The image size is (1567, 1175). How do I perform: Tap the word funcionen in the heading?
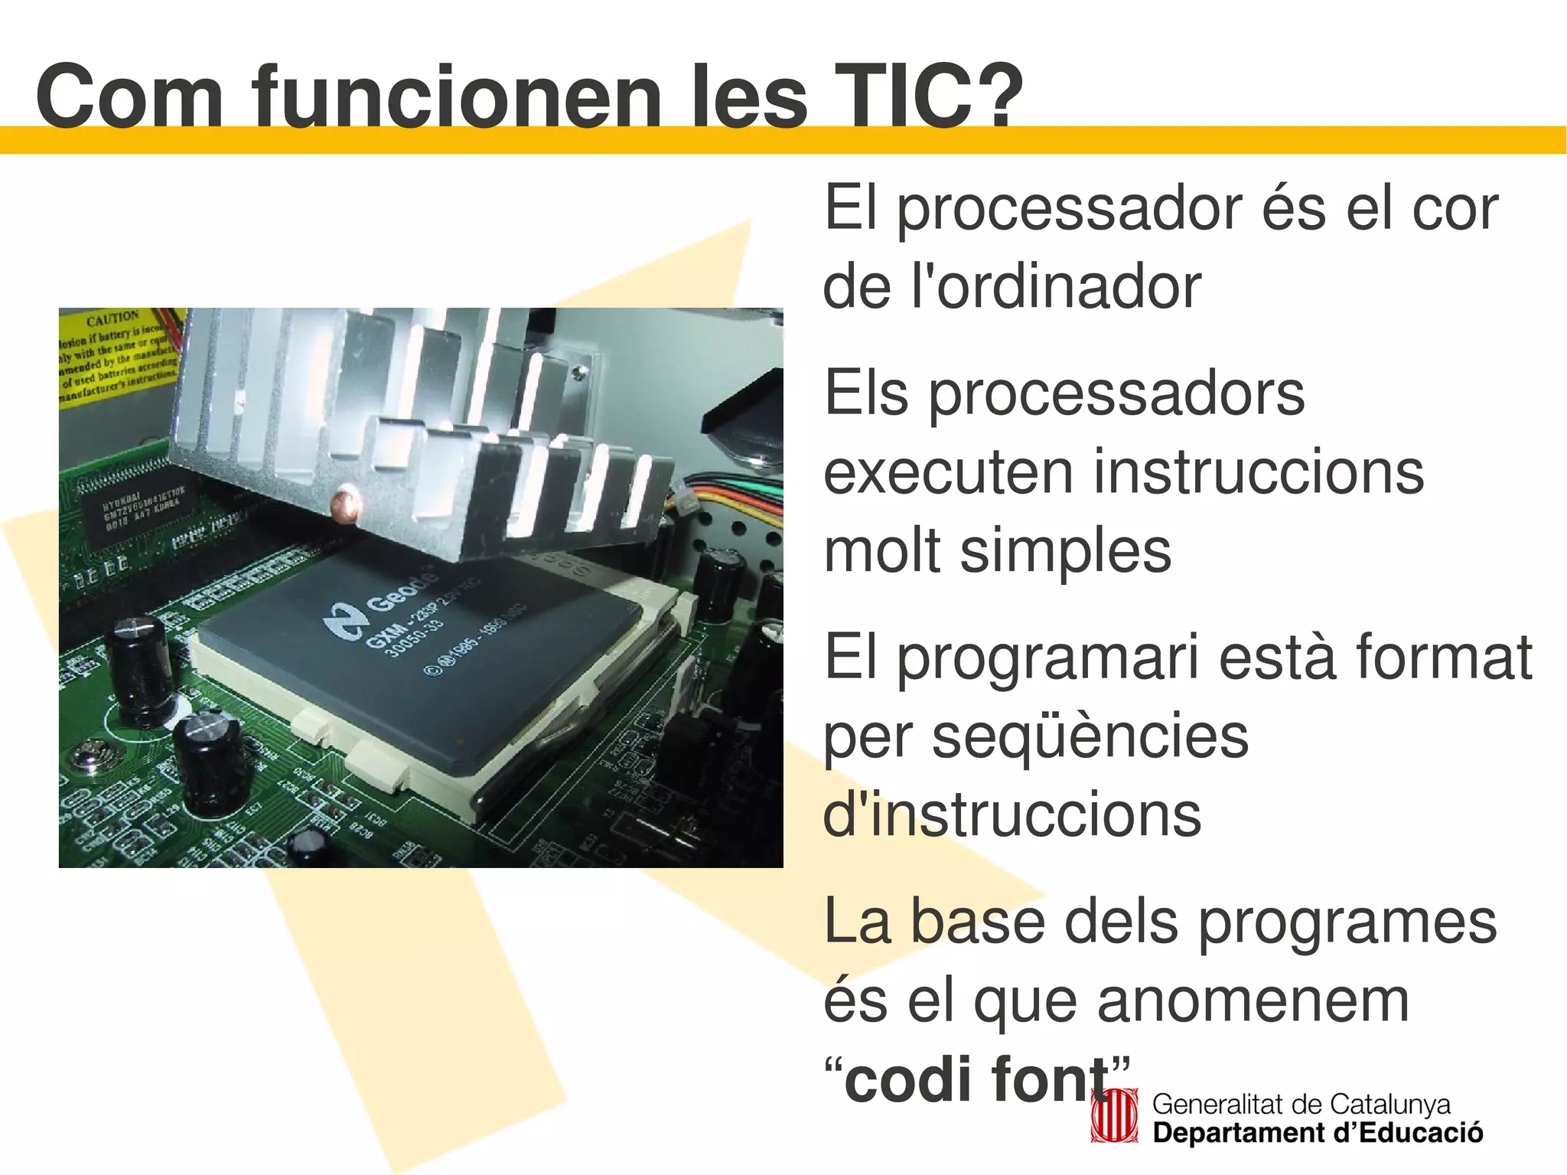click(x=457, y=96)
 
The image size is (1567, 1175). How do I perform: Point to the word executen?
click(x=948, y=472)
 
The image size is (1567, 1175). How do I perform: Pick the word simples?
click(x=1065, y=550)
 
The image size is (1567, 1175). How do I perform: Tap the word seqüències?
click(x=1090, y=736)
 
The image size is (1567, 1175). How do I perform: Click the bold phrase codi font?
click(x=977, y=1079)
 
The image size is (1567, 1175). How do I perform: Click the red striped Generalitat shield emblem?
click(x=1115, y=1117)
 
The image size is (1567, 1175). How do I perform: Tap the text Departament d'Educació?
click(x=1318, y=1133)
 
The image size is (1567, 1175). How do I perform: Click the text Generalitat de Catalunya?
click(x=1301, y=1105)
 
